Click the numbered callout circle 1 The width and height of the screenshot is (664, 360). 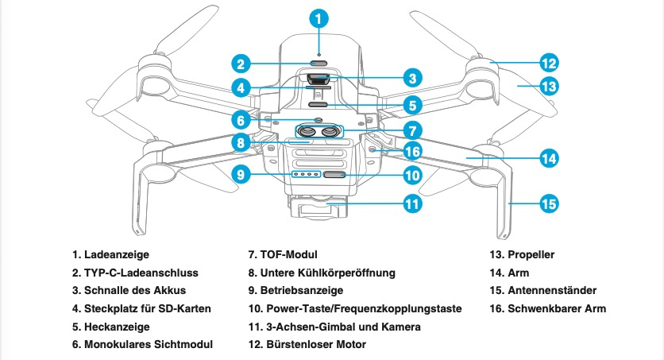(319, 17)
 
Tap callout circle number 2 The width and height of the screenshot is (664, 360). (243, 63)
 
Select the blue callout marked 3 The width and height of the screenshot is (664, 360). (410, 77)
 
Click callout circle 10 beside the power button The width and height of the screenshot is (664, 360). (411, 175)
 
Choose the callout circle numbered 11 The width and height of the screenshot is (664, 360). (411, 204)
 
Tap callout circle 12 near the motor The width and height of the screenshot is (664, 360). (549, 63)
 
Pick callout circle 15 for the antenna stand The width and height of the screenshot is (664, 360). (549, 204)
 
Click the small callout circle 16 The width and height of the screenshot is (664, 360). (411, 151)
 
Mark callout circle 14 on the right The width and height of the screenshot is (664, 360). (549, 158)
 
